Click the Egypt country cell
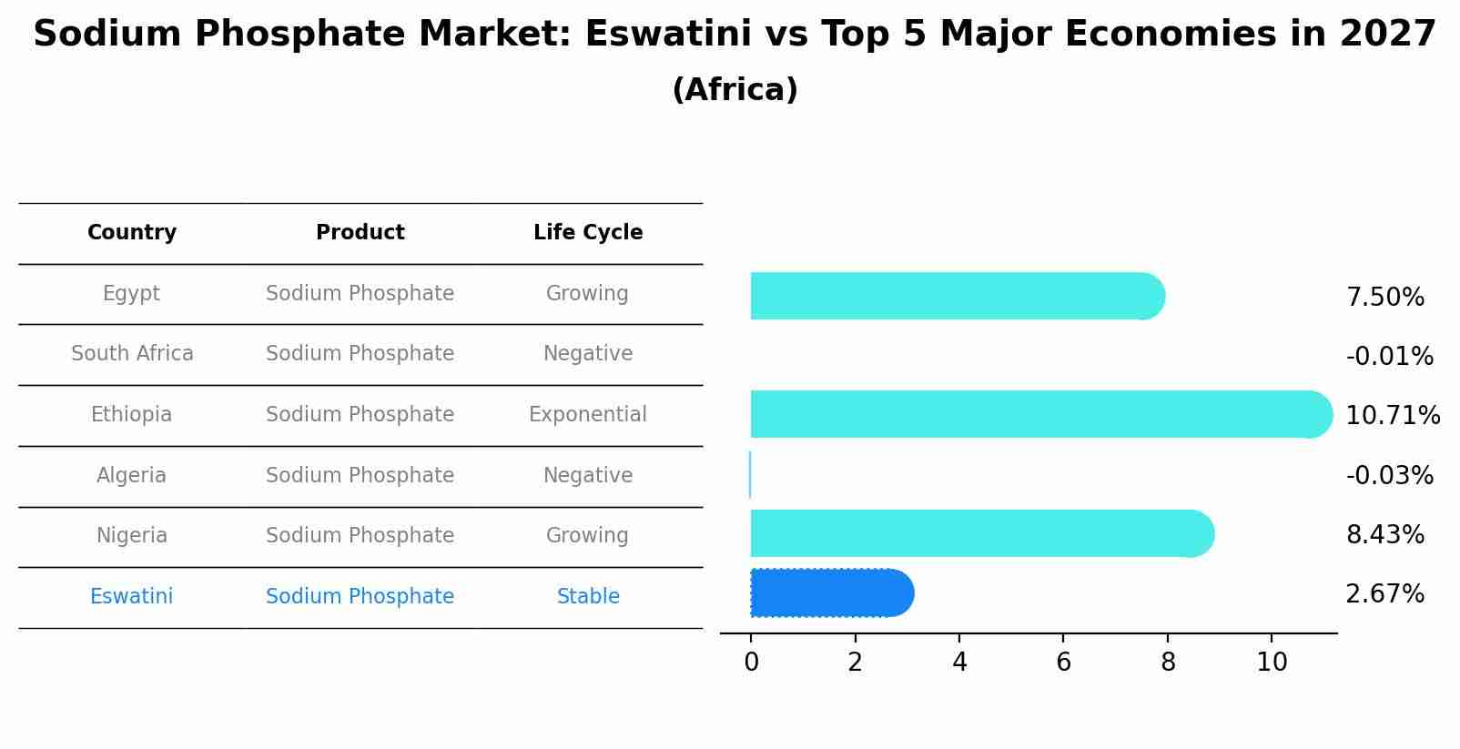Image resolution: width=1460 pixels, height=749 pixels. [131, 293]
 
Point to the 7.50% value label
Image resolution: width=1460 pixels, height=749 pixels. [1384, 298]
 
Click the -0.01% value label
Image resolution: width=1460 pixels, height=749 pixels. [1389, 357]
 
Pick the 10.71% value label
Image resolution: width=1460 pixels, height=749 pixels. [1392, 416]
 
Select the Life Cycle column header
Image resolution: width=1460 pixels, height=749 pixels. [587, 233]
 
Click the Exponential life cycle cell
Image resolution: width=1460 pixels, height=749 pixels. [587, 415]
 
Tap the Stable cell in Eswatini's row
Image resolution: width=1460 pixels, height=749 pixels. [587, 597]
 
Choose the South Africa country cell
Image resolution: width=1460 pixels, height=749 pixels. [132, 354]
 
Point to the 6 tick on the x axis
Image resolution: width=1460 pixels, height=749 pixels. [1063, 663]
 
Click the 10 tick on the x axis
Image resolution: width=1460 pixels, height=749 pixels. [1272, 663]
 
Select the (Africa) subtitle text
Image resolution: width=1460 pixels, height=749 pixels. [735, 90]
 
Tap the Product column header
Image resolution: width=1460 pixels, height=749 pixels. [360, 233]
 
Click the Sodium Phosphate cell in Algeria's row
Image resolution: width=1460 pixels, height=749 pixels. [360, 476]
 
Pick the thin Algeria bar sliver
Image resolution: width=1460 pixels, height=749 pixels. [750, 475]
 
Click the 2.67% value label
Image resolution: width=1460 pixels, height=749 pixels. [1384, 594]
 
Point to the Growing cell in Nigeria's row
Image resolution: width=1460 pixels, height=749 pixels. [587, 536]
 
